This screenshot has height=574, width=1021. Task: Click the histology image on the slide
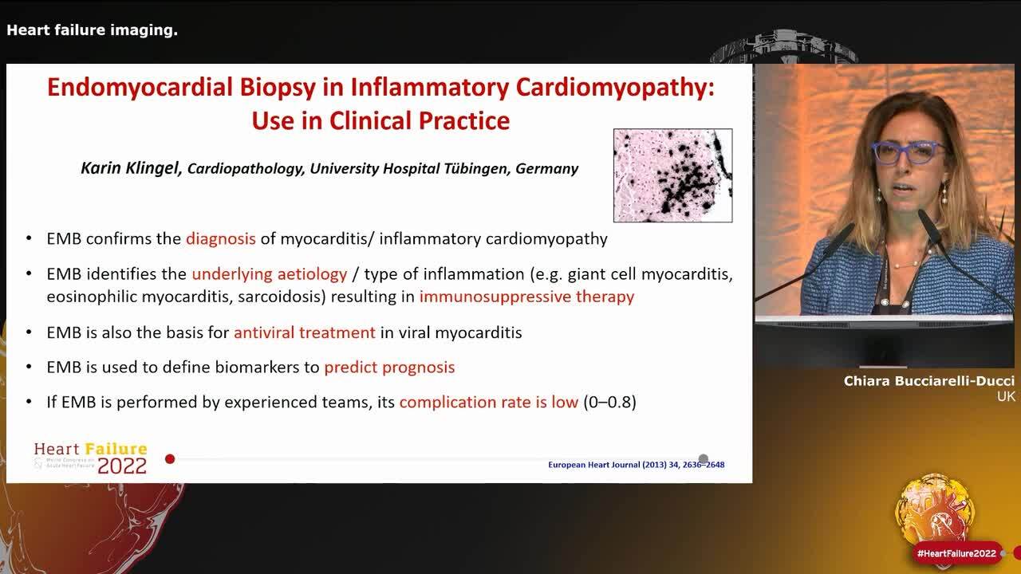pyautogui.click(x=672, y=175)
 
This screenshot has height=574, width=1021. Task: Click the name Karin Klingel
pyautogui.click(x=132, y=168)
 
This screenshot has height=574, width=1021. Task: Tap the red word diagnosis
pyautogui.click(x=220, y=238)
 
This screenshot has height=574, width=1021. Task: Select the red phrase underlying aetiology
pyautogui.click(x=269, y=274)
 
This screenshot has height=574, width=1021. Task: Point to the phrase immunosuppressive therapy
pyautogui.click(x=526, y=297)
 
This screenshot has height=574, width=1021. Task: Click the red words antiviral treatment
pyautogui.click(x=304, y=332)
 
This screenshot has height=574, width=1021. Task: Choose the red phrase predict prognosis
pyautogui.click(x=389, y=368)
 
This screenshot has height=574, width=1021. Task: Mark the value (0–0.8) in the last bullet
pyautogui.click(x=609, y=403)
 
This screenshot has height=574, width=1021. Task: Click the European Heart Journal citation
pyautogui.click(x=636, y=465)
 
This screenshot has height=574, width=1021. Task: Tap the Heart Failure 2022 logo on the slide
pyautogui.click(x=91, y=458)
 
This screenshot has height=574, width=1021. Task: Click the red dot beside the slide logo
pyautogui.click(x=170, y=459)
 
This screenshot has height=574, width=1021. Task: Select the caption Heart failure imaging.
pyautogui.click(x=92, y=30)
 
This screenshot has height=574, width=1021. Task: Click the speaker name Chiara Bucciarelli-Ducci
pyautogui.click(x=928, y=382)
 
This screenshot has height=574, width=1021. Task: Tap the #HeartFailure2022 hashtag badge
pyautogui.click(x=956, y=553)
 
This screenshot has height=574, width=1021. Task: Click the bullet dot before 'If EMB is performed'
pyautogui.click(x=30, y=403)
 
